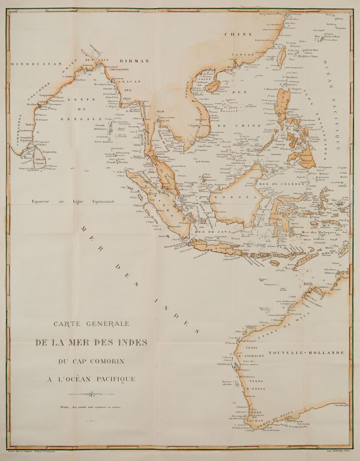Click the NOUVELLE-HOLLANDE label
pyautogui.click(x=306, y=353)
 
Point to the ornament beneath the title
pyautogui.click(x=91, y=393)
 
